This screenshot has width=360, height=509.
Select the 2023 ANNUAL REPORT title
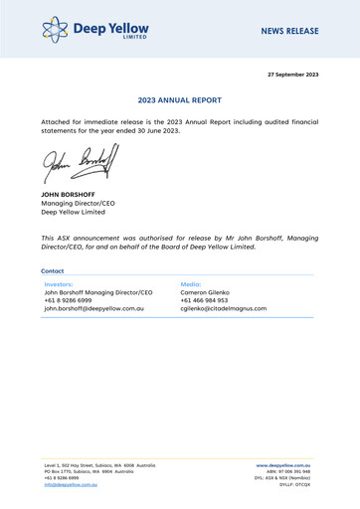click(x=180, y=100)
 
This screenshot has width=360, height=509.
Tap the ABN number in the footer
click(x=299, y=472)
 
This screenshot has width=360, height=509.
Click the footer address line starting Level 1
click(x=98, y=464)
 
